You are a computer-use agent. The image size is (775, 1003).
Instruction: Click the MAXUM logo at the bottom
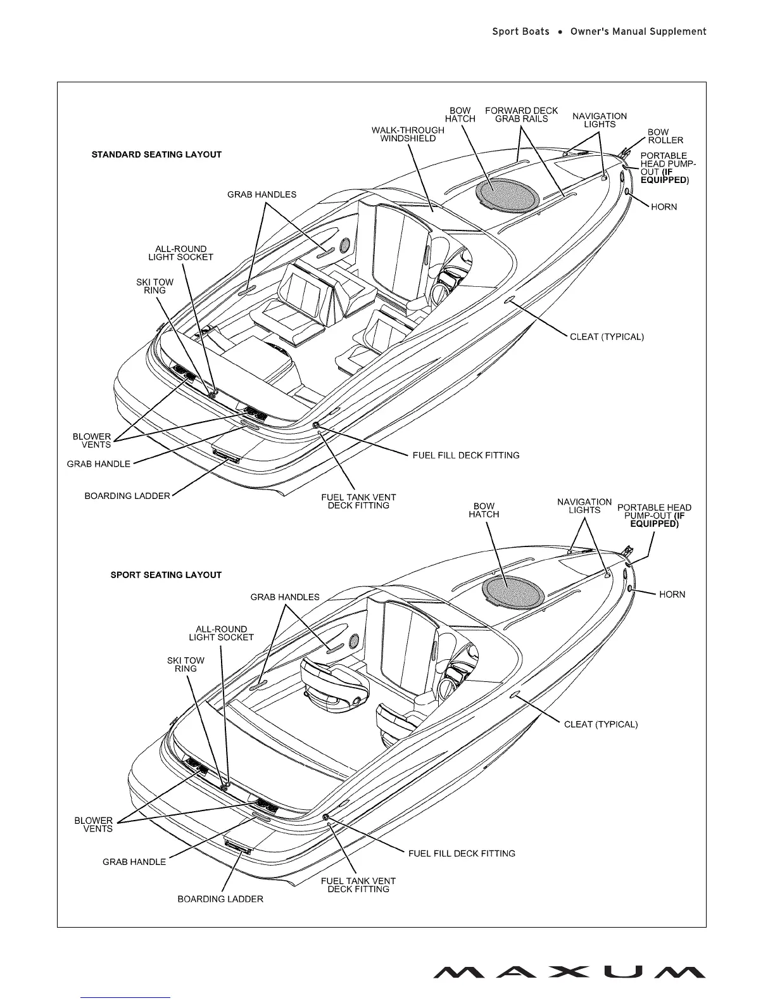point(569,972)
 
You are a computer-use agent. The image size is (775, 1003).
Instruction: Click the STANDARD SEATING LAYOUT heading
point(156,155)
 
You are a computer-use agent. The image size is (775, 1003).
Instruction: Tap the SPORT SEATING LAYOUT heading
point(166,575)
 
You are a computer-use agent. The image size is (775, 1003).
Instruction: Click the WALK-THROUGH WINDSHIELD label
point(408,134)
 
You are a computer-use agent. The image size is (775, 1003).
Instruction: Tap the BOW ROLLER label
point(665,136)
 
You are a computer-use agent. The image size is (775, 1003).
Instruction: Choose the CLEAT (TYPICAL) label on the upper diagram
point(607,337)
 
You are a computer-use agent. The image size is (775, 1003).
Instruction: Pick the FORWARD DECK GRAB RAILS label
point(522,115)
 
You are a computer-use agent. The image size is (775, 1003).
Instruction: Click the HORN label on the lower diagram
point(672,595)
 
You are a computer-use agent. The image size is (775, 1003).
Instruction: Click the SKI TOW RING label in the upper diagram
point(154,286)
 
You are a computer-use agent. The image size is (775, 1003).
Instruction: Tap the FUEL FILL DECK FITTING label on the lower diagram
point(462,854)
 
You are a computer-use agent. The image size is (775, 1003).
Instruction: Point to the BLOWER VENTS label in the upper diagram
point(92,441)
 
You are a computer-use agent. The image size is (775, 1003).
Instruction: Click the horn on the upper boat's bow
point(627,192)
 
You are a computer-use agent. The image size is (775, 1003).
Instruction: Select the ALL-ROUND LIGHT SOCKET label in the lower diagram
point(221,633)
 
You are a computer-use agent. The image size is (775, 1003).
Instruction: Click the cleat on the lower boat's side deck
point(516,696)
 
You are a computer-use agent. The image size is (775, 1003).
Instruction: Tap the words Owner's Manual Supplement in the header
point(638,32)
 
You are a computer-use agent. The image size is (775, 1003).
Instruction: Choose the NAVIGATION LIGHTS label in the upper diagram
point(600,120)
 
